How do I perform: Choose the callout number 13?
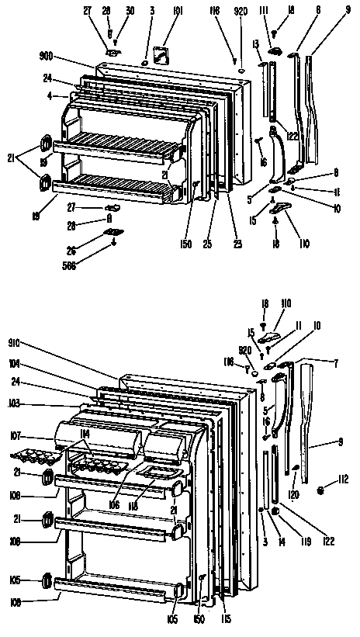pos(255,47)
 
